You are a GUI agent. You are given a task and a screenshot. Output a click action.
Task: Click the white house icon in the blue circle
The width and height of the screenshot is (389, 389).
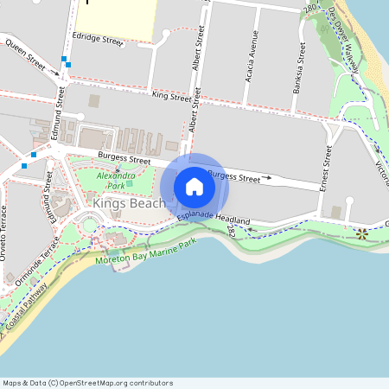[194, 186]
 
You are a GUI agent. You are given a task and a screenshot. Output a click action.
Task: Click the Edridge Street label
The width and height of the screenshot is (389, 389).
[99, 39]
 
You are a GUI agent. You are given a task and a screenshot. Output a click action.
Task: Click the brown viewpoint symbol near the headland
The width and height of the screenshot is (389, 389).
[361, 233]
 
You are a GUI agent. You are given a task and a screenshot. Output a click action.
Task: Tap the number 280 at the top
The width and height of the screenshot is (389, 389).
[310, 9]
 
